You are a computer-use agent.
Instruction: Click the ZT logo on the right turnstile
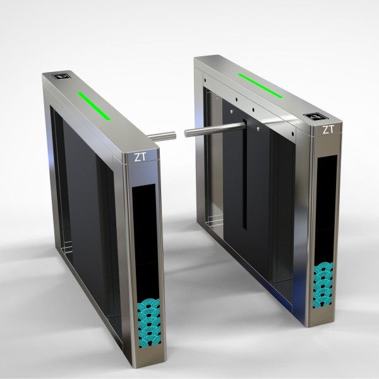point(328,130)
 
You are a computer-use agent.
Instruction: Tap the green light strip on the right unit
point(260,85)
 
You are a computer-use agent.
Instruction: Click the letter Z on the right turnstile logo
point(325,130)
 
